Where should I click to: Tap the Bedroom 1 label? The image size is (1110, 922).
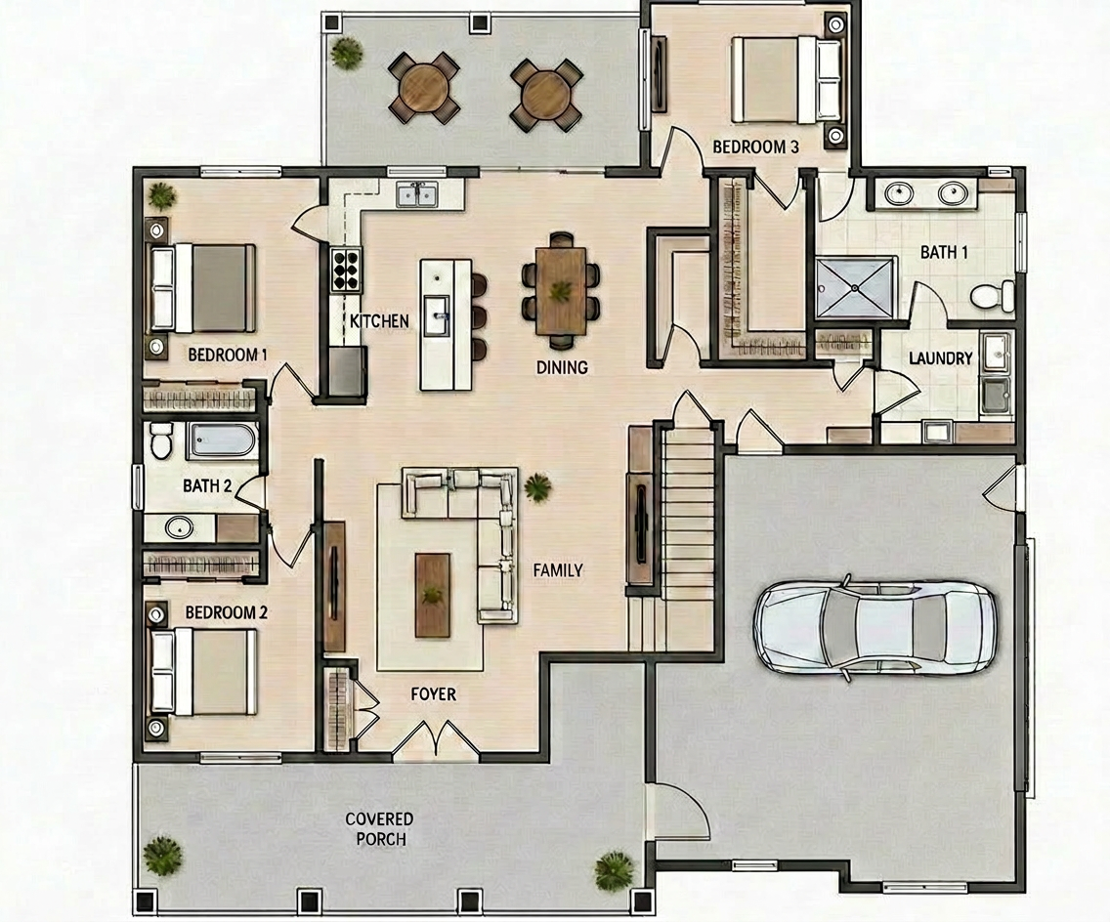[228, 355]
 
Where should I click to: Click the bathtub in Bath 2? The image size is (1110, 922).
[221, 440]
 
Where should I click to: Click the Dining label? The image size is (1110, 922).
[562, 367]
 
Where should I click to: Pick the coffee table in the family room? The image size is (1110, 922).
[432, 595]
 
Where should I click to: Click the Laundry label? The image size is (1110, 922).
[941, 358]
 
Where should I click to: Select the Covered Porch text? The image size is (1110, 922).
[379, 829]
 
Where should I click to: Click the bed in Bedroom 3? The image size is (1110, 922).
[787, 79]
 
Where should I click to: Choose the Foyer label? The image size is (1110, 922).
[433, 694]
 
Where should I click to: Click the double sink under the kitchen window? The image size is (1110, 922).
[417, 194]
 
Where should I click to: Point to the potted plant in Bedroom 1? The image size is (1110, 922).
[162, 195]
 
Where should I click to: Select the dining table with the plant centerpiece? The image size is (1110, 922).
[562, 291]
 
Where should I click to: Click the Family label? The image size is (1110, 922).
[558, 570]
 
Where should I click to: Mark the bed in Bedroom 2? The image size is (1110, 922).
[202, 672]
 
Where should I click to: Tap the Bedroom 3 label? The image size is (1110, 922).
[755, 147]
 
